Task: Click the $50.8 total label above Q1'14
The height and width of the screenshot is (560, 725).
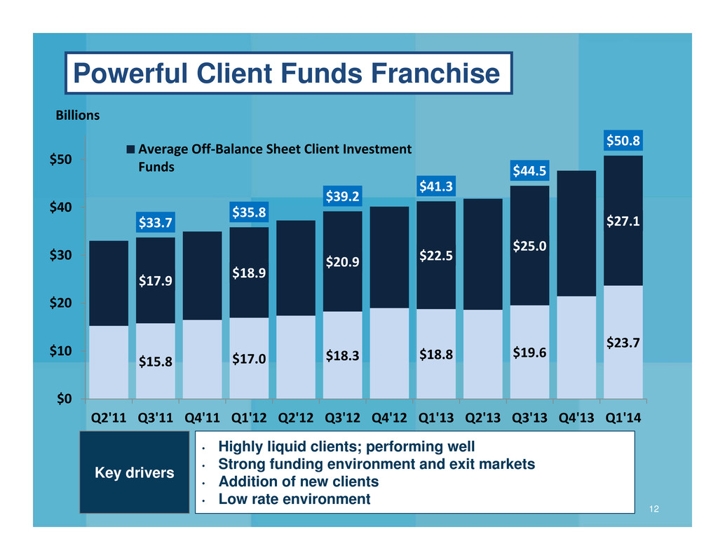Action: [x=623, y=140]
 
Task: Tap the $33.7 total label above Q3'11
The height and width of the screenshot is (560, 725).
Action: [x=156, y=223]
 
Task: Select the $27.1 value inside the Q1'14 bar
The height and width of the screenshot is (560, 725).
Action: [x=623, y=221]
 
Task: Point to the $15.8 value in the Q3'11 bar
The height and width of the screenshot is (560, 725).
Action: [x=156, y=362]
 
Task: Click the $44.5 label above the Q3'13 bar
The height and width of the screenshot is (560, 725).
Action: [x=529, y=171]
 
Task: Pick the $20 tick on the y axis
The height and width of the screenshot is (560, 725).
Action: [x=61, y=303]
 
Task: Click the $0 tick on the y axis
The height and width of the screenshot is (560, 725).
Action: [x=65, y=399]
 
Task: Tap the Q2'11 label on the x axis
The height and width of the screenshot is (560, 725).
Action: [x=109, y=418]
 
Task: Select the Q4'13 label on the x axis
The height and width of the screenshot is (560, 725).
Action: [x=576, y=418]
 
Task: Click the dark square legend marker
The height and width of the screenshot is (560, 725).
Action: [x=130, y=149]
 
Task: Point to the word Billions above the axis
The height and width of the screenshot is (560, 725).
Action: [x=78, y=115]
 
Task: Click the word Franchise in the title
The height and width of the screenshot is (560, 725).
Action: [x=435, y=73]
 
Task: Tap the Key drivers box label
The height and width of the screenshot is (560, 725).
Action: [x=135, y=472]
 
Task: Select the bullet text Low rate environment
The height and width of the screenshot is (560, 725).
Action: [x=294, y=499]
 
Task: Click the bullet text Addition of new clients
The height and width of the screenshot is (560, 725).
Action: [x=298, y=482]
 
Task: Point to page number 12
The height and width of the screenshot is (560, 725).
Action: [x=653, y=509]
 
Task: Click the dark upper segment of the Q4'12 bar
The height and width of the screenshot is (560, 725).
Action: [x=389, y=257]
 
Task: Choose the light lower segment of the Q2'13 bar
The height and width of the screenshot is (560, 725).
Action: [x=482, y=355]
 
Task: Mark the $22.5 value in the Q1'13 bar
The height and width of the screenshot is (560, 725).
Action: [x=436, y=256]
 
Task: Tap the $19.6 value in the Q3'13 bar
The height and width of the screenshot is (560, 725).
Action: [x=529, y=353]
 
